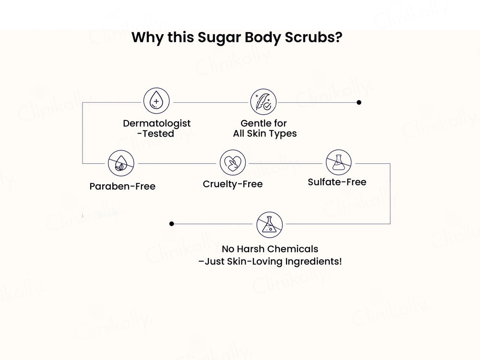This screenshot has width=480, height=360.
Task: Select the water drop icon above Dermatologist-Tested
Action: coord(156,102)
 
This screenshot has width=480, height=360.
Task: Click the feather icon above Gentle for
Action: coord(264,102)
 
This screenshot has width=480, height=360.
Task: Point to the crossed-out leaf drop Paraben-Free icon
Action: coord(121,163)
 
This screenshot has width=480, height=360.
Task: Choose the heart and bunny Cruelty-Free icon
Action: coord(233,163)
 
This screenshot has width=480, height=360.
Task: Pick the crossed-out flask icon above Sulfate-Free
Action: coord(339,163)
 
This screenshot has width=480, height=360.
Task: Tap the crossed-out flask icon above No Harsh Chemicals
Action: coord(269,224)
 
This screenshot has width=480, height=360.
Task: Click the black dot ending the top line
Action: coord(359,102)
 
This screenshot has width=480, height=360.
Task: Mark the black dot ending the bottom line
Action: coord(171,224)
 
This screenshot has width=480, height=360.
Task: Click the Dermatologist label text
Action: coord(156,123)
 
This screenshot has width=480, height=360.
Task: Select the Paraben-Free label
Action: coord(122,186)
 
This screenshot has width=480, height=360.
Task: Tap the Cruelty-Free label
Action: coord(233,184)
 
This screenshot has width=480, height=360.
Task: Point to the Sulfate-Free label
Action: coord(337,182)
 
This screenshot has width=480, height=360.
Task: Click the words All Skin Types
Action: coord(265,134)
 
